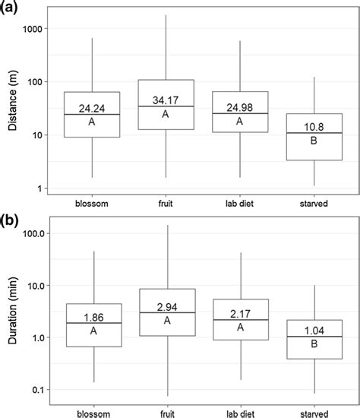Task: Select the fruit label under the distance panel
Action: (x=166, y=204)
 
